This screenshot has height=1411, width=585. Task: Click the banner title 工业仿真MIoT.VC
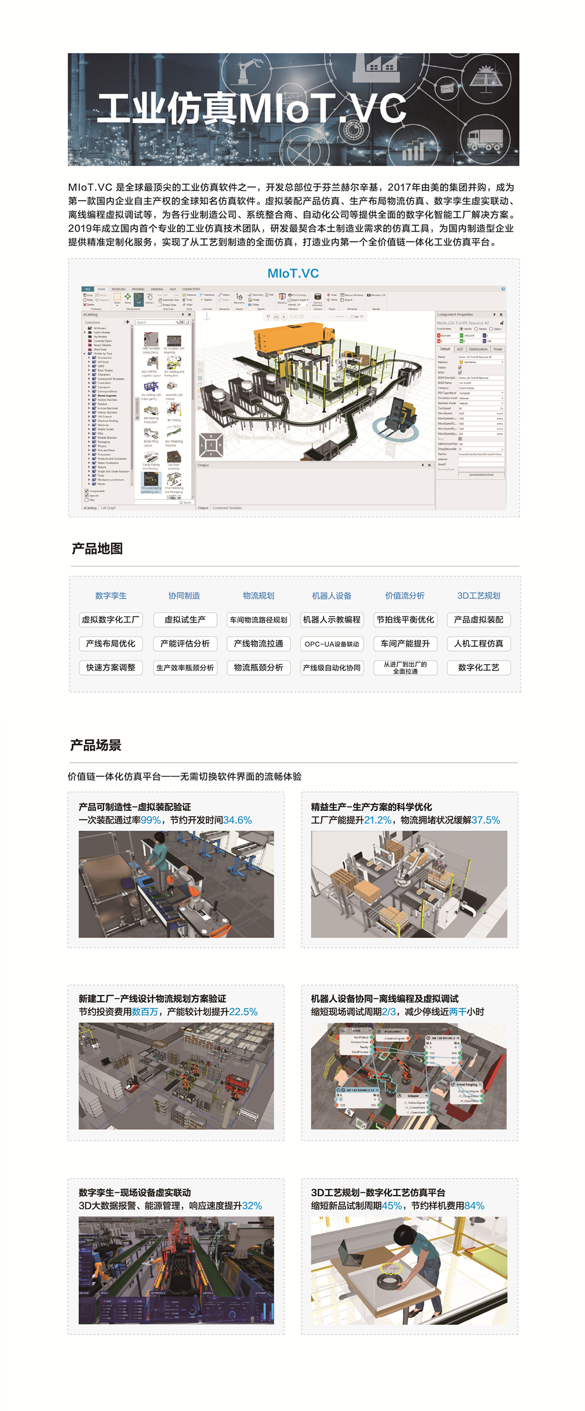point(252,108)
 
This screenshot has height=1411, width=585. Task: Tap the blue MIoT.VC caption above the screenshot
point(293,273)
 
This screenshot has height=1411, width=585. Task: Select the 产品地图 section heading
point(97,549)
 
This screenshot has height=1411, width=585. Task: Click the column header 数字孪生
point(111,596)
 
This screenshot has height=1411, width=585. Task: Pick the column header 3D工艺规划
point(479,596)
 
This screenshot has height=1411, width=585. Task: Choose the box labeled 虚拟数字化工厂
point(111,620)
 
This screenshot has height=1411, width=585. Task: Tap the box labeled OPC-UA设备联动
point(332,644)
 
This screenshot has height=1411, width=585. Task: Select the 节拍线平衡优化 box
point(405,620)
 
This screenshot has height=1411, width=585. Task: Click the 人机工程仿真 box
point(479,643)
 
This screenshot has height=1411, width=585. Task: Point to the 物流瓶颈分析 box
point(258,667)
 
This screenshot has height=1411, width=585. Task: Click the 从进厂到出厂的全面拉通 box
point(405,667)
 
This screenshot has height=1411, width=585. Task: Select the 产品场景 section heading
point(96,745)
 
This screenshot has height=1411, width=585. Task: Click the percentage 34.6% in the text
point(238,820)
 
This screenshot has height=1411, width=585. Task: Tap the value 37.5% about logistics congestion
point(486,820)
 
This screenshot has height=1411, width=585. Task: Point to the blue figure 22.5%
point(243,1011)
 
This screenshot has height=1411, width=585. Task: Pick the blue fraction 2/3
point(389,1011)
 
